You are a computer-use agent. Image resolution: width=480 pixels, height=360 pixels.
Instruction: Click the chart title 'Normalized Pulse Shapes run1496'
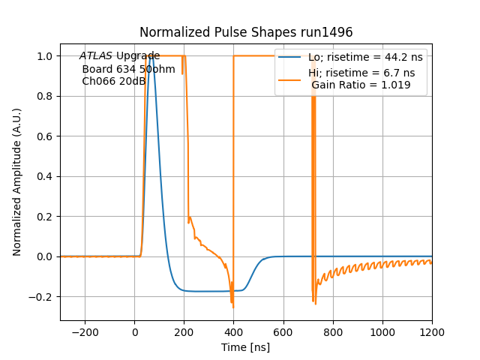pyautogui.click(x=246, y=32)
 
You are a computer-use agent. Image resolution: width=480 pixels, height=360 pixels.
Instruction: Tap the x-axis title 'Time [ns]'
pyautogui.click(x=246, y=347)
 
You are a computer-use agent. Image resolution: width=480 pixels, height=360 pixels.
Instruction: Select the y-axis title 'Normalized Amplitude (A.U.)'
pyautogui.click(x=17, y=182)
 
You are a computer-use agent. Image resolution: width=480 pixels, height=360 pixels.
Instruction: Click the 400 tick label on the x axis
pyautogui.click(x=233, y=331)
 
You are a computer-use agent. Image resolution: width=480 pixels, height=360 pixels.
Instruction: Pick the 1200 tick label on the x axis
pyautogui.click(x=431, y=331)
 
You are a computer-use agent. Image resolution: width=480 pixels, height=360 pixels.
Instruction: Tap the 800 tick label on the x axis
pyautogui.click(x=332, y=331)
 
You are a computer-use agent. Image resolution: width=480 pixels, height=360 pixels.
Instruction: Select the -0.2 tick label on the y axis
pyautogui.click(x=43, y=297)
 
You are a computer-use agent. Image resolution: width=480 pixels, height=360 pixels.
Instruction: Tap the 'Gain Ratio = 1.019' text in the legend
pyautogui.click(x=361, y=85)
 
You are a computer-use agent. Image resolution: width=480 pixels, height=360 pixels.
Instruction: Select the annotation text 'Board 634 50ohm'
pyautogui.click(x=128, y=69)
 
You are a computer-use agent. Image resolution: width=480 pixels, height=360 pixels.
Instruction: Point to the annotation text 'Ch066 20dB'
pyautogui.click(x=113, y=81)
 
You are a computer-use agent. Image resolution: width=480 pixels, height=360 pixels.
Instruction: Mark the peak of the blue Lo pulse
pyautogui.click(x=151, y=56)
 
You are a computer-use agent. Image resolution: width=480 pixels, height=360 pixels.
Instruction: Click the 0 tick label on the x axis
pyautogui.click(x=135, y=331)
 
